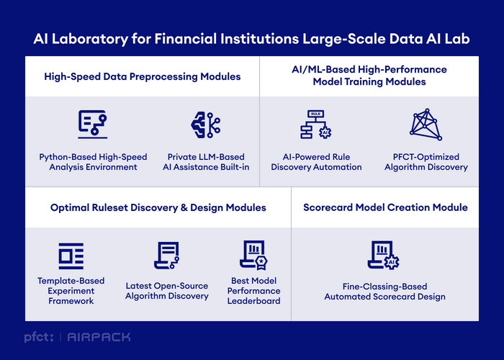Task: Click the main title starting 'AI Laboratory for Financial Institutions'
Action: pyautogui.click(x=251, y=39)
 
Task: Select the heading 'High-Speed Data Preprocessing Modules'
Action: pyautogui.click(x=143, y=76)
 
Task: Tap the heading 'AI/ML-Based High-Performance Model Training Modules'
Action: pyautogui.click(x=369, y=76)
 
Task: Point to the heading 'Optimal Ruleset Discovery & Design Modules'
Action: pyautogui.click(x=158, y=207)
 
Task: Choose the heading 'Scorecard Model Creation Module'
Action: pyautogui.click(x=385, y=207)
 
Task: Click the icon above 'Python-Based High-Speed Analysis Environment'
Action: pyautogui.click(x=93, y=125)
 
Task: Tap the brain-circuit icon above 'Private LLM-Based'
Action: pyautogui.click(x=206, y=125)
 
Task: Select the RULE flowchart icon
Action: pyautogui.click(x=315, y=125)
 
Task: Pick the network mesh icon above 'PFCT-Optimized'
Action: pyautogui.click(x=426, y=125)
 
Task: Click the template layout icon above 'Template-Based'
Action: pyautogui.click(x=71, y=256)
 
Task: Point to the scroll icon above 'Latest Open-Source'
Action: pyautogui.click(x=166, y=256)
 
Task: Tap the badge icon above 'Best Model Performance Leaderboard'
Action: pyautogui.click(x=253, y=255)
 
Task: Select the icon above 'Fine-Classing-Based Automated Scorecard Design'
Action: pyautogui.click(x=384, y=255)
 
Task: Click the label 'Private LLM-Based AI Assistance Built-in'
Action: pyautogui.click(x=206, y=162)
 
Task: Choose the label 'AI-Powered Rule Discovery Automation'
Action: pyautogui.click(x=316, y=162)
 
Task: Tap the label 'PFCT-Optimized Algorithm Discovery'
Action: pyautogui.click(x=426, y=162)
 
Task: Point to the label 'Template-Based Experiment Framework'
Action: pyautogui.click(x=71, y=291)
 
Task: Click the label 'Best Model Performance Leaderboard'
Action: pyautogui.click(x=253, y=291)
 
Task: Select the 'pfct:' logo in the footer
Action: pyautogui.click(x=39, y=337)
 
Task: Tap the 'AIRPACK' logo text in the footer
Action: pyautogui.click(x=99, y=337)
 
